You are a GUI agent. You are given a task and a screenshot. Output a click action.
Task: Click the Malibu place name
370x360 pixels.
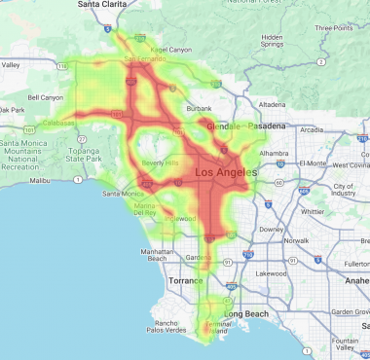pyautogui.click(x=40, y=181)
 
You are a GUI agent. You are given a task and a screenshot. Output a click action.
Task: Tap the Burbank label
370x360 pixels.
pyautogui.click(x=199, y=109)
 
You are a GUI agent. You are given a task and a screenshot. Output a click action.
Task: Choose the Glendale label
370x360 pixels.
pyautogui.click(x=227, y=126)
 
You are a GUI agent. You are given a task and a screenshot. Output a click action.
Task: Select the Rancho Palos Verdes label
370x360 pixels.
pyautogui.click(x=176, y=328)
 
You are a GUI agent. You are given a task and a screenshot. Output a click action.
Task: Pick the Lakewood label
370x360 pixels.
pyautogui.click(x=271, y=274)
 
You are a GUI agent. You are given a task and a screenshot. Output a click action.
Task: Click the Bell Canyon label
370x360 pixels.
pyautogui.click(x=46, y=97)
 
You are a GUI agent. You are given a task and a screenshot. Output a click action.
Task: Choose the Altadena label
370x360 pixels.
pyautogui.click(x=272, y=104)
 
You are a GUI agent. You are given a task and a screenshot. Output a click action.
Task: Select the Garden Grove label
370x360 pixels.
pyautogui.click(x=348, y=311)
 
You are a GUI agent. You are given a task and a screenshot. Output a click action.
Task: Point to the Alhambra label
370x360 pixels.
pyautogui.click(x=275, y=153)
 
